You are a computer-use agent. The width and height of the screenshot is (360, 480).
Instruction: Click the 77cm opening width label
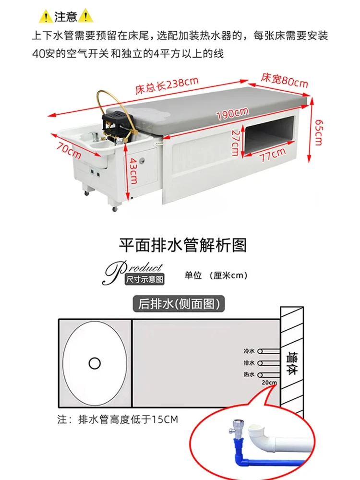(x=271, y=155)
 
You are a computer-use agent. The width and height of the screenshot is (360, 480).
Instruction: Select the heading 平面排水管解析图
(x=183, y=246)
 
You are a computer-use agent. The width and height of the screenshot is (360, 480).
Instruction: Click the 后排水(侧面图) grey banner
(x=179, y=304)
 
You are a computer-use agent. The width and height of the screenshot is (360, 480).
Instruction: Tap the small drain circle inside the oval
(x=95, y=362)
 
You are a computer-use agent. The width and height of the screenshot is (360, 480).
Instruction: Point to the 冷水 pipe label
(x=249, y=351)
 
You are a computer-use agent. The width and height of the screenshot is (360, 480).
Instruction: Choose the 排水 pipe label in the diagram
(x=249, y=363)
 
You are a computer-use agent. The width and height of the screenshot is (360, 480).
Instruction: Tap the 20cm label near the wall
(x=269, y=383)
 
